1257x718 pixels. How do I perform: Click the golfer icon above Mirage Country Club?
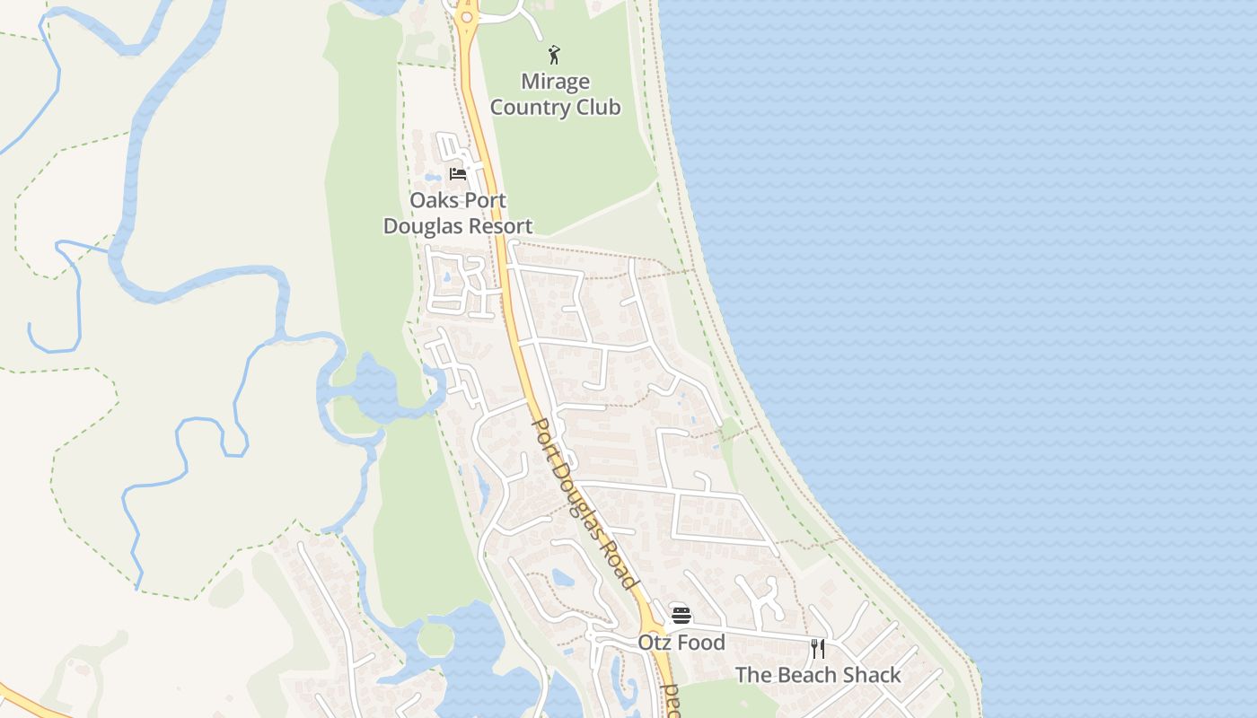[x=555, y=55]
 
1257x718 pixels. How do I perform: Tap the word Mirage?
[x=555, y=82]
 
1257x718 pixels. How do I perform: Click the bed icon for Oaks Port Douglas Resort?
[x=458, y=173]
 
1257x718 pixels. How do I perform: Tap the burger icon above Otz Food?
[x=681, y=616]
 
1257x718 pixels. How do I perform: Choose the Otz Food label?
[x=681, y=643]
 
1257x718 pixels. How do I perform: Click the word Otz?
[x=654, y=643]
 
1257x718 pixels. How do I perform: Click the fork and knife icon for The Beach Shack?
[x=818, y=648]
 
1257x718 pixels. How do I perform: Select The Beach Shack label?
[x=818, y=675]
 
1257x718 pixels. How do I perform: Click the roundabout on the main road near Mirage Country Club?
[x=466, y=16]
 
